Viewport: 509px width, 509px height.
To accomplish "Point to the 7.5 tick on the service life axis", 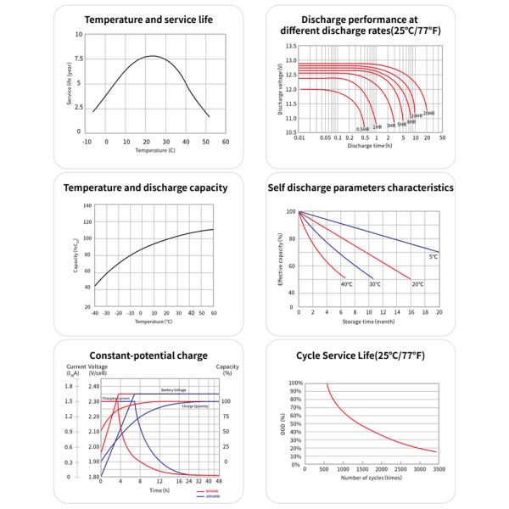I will (77, 59).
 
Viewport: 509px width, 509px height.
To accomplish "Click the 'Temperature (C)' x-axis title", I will (155, 150).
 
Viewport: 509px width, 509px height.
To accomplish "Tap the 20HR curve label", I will (429, 113).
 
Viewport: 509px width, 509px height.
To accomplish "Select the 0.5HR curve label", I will (362, 128).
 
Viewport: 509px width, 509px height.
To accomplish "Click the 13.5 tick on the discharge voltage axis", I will (291, 46).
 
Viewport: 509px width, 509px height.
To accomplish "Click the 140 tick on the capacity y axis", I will (87, 206).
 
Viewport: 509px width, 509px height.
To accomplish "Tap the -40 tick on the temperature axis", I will (94, 312).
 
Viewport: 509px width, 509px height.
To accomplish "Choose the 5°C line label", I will (433, 256).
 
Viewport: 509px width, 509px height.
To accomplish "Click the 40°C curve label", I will (347, 283).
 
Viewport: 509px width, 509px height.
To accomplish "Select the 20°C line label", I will (417, 283).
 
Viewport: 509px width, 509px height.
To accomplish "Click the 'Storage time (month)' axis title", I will (369, 322).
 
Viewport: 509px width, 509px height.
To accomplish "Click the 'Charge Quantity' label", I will (195, 406).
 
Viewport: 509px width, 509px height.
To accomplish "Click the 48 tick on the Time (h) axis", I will (219, 481).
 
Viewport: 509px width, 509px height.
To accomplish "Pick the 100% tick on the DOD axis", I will (296, 383).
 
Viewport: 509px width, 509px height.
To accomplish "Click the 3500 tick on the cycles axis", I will (438, 468).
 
